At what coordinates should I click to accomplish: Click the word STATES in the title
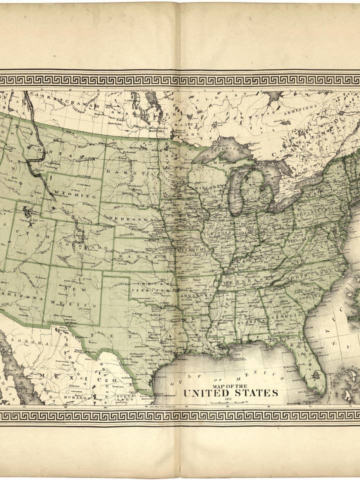pos(254,393)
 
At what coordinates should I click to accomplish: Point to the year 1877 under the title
pos(230,400)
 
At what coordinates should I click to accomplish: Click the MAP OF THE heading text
pos(230,386)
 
